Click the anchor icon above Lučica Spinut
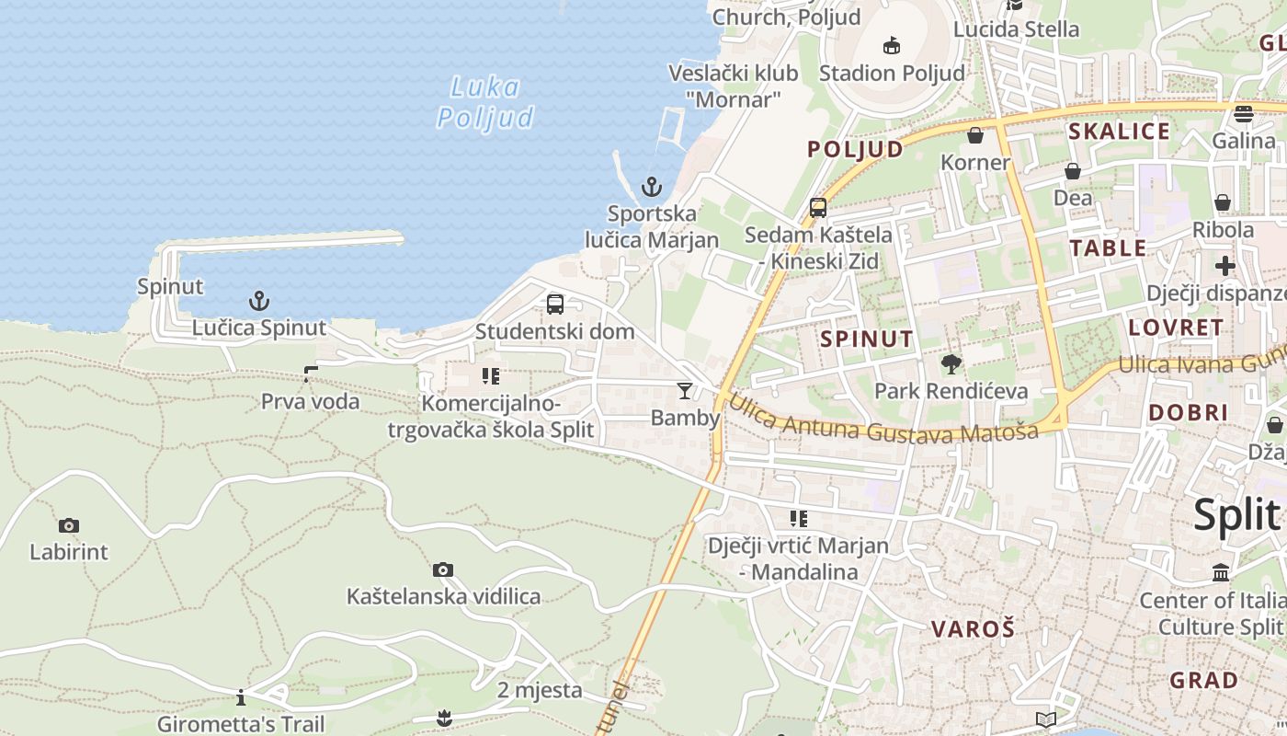point(259,301)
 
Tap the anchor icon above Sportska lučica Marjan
point(652,188)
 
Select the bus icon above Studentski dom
point(555,305)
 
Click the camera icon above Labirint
point(69,526)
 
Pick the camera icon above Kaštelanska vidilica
point(443,570)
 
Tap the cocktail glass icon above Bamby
point(685,391)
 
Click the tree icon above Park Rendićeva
point(951,364)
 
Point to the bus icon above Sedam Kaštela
point(818,208)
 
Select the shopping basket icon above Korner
point(975,136)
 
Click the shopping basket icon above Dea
point(1073,171)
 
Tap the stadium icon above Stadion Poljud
point(891,45)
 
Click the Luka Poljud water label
point(485,102)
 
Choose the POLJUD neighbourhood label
point(855,149)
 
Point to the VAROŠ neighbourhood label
point(973,629)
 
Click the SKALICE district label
point(1119,132)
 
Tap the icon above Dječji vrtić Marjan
point(798,519)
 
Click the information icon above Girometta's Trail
point(241,697)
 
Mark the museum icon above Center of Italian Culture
point(1221,573)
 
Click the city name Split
point(1236,515)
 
